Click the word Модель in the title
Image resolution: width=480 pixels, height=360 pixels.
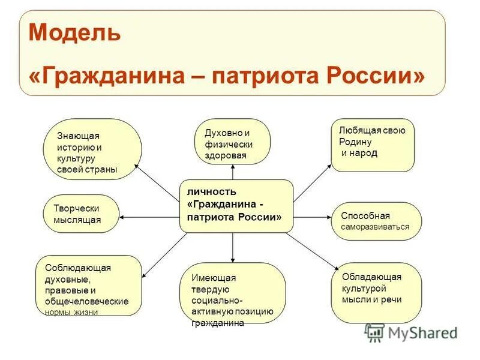[x=74, y=32]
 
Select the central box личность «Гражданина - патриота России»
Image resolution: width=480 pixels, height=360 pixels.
[x=236, y=206]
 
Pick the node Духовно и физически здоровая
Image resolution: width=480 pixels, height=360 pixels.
[x=232, y=142]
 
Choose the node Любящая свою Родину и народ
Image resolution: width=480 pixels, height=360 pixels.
[x=373, y=145]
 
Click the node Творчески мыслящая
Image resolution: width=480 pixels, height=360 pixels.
[x=82, y=214]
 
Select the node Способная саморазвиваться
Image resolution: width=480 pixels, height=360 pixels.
[x=376, y=221]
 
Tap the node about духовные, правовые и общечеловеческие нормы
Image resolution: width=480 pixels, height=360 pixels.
[x=89, y=286]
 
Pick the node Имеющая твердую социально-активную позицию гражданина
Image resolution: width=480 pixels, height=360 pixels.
[x=233, y=292]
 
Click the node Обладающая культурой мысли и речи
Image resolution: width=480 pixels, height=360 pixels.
[x=376, y=292]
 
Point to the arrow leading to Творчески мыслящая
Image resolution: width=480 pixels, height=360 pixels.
[x=150, y=214]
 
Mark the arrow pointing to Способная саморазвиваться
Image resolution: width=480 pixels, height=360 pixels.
[x=312, y=215]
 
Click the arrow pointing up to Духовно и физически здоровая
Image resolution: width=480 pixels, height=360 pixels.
[x=233, y=172]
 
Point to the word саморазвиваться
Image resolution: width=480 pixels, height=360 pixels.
[x=376, y=227]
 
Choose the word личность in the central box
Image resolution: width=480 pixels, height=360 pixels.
[x=207, y=193]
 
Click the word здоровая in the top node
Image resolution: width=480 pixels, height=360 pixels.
[x=226, y=155]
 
